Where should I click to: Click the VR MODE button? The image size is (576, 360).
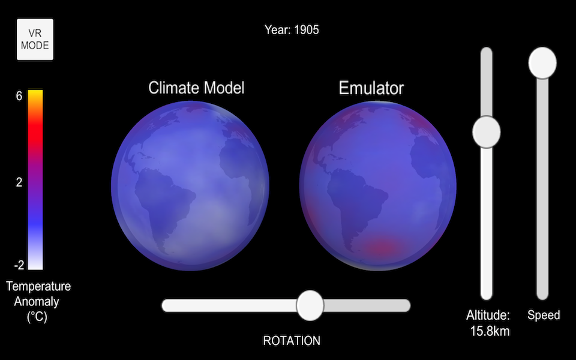[35, 40]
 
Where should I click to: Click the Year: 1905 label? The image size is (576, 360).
[292, 30]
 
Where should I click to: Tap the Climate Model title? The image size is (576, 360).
[196, 88]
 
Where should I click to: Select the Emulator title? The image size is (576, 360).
[371, 88]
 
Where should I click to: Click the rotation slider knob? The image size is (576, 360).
[310, 305]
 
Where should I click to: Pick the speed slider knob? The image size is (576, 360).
[542, 63]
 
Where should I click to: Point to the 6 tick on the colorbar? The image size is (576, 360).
[19, 96]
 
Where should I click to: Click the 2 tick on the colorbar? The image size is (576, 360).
[19, 182]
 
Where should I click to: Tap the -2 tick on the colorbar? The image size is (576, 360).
[19, 265]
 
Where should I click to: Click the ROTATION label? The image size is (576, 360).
[292, 341]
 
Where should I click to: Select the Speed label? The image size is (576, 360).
[544, 315]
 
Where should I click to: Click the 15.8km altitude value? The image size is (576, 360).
[490, 331]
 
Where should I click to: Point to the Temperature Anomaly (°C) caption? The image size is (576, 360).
[38, 301]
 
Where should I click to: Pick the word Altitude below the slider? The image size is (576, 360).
[488, 315]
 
